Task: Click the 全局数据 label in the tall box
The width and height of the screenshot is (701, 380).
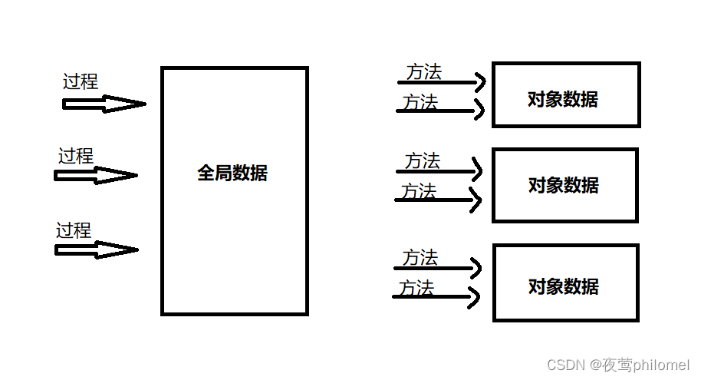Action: [x=232, y=173]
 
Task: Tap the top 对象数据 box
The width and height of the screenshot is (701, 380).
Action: [x=565, y=95]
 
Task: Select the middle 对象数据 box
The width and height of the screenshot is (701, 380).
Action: [x=564, y=185]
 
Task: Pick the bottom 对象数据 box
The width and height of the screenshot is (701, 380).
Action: [x=565, y=283]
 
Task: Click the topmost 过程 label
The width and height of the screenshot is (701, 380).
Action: [x=81, y=81]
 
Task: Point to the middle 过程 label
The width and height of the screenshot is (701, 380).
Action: [x=76, y=156]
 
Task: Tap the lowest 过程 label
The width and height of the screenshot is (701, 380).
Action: [x=74, y=230]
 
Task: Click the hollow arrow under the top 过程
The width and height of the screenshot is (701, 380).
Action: [x=104, y=104]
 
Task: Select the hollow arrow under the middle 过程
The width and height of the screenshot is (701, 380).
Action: [x=96, y=176]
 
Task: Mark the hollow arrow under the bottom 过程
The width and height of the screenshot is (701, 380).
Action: [x=97, y=249]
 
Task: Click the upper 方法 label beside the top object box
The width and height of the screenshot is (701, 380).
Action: [x=424, y=72]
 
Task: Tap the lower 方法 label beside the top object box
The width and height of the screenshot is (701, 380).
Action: [x=420, y=101]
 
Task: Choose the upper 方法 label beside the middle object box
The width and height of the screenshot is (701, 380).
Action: [x=423, y=161]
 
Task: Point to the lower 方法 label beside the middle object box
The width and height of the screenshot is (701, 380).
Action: [x=418, y=191]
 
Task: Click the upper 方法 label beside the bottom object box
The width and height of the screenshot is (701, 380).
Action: [x=420, y=258]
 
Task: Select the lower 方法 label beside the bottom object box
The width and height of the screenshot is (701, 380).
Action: [x=416, y=288]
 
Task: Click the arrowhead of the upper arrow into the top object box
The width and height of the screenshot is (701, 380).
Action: [x=481, y=81]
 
